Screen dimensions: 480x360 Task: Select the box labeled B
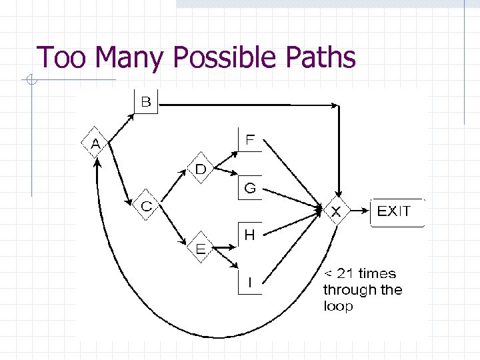tap(146, 102)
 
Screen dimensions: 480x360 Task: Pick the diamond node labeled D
tap(201, 169)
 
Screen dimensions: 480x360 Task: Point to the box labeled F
tap(250, 141)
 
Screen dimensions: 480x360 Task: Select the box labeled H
tap(250, 235)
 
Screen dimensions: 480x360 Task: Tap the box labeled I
tap(250, 283)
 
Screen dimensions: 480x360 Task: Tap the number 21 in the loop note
tap(347, 273)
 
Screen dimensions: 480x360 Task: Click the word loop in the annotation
tap(338, 307)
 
